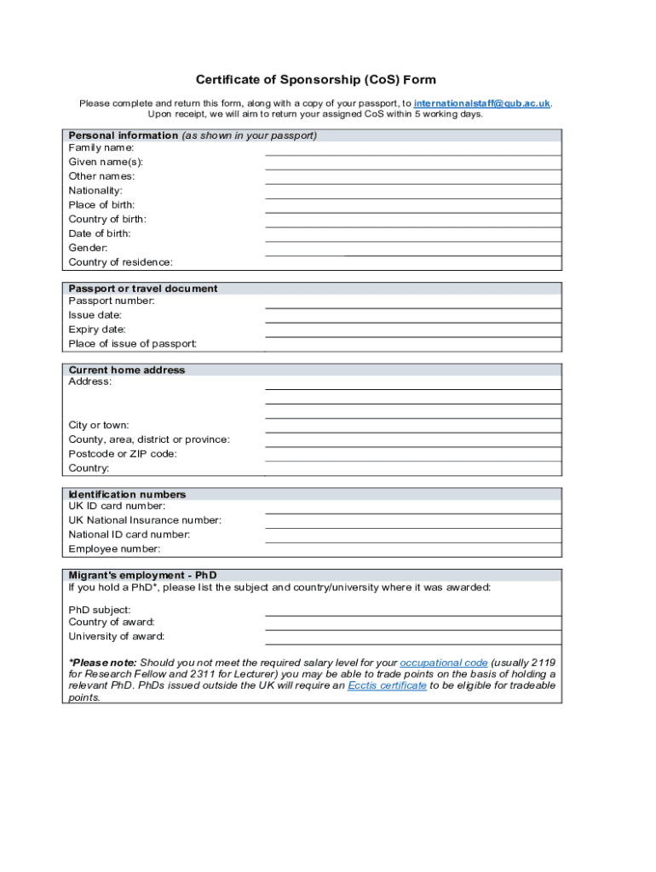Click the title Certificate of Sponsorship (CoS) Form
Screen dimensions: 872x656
pyautogui.click(x=315, y=80)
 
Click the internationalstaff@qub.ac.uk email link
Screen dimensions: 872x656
pyautogui.click(x=481, y=103)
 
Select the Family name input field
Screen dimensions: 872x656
pyautogui.click(x=413, y=148)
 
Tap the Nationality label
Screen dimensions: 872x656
pyautogui.click(x=95, y=191)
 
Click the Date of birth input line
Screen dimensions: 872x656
pyautogui.click(x=413, y=234)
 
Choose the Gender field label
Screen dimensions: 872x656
pyautogui.click(x=88, y=248)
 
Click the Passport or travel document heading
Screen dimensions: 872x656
pyautogui.click(x=143, y=289)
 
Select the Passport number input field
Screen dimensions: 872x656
pyautogui.click(x=413, y=301)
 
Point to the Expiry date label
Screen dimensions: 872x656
pyautogui.click(x=97, y=330)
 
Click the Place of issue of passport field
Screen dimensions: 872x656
pyautogui.click(x=413, y=344)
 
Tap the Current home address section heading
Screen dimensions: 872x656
pyautogui.click(x=127, y=370)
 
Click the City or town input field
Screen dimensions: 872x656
pyautogui.click(x=413, y=426)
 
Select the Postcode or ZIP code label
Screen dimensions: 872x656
pyautogui.click(x=123, y=454)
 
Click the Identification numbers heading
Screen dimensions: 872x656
pyautogui.click(x=127, y=495)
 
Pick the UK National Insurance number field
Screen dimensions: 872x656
pyautogui.click(x=413, y=521)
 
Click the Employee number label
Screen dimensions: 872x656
pyautogui.click(x=114, y=549)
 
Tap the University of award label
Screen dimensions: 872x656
pyautogui.click(x=117, y=636)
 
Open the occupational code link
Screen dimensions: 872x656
pyautogui.click(x=443, y=663)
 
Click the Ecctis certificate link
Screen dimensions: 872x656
pyautogui.click(x=387, y=686)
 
